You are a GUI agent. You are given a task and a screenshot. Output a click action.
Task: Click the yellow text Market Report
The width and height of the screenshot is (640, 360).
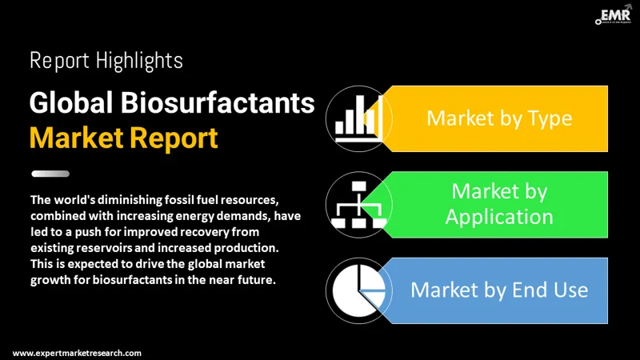click(123, 138)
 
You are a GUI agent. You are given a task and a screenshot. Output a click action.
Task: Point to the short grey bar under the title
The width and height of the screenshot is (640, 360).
click(50, 174)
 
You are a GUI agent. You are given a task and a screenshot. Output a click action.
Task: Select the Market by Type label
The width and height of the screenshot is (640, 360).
click(498, 118)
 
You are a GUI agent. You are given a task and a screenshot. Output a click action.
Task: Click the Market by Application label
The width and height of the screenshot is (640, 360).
click(498, 203)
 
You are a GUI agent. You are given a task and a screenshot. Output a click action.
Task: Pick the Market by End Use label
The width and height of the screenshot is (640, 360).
click(498, 289)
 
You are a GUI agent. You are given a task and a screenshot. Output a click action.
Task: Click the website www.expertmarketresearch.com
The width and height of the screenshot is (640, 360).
click(78, 352)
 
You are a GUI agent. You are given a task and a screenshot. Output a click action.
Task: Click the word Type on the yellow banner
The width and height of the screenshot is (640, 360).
click(551, 118)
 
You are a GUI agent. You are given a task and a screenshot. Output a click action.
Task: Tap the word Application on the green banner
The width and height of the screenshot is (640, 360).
click(498, 216)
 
